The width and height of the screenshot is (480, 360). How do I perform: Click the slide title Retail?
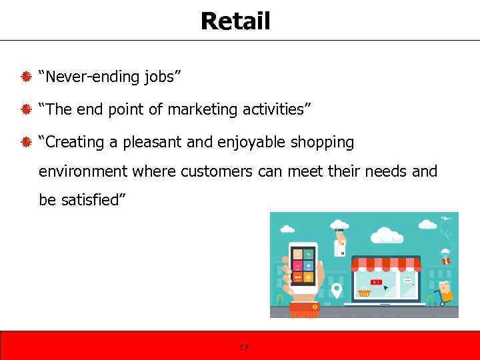[235, 21]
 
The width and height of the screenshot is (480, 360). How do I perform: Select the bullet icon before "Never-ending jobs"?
[27, 77]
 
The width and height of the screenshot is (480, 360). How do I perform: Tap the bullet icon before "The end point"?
[27, 109]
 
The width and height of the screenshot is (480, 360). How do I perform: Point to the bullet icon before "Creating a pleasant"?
[27, 142]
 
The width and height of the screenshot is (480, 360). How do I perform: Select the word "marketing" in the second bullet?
[199, 109]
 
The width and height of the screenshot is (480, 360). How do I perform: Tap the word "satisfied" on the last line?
[88, 200]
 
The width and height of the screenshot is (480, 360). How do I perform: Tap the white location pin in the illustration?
[337, 291]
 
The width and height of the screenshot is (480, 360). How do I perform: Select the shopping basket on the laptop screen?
[364, 292]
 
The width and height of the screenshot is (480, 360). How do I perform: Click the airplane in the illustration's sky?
[445, 219]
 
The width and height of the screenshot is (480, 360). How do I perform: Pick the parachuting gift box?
[445, 257]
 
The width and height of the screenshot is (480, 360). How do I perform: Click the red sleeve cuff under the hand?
[305, 309]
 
